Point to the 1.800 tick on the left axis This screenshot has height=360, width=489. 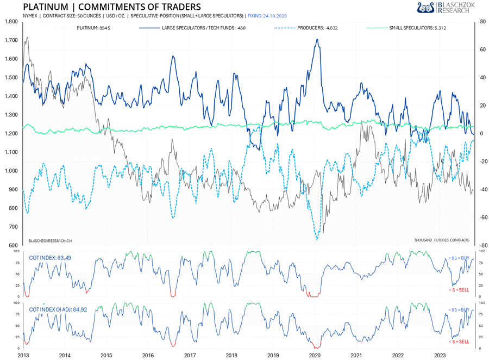[10, 22]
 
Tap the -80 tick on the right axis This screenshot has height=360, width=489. [481, 246]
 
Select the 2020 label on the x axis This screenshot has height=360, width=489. [315, 355]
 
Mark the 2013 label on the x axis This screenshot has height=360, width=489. [23, 355]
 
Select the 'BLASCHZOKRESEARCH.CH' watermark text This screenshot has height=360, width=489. [50, 239]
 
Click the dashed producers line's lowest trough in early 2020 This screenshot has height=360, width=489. [317, 239]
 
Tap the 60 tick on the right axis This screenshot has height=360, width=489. [481, 50]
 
